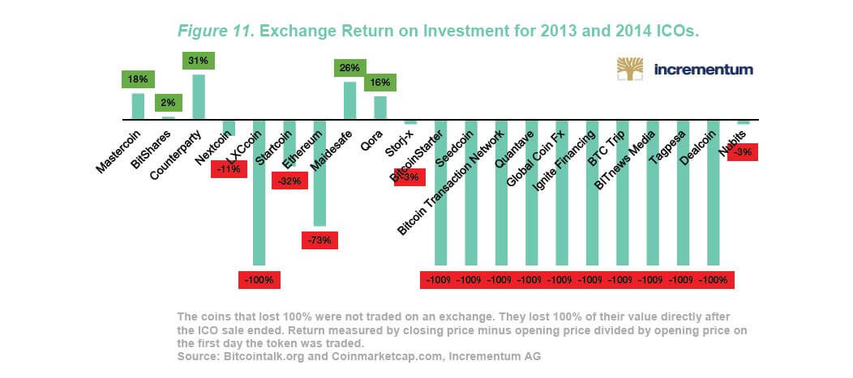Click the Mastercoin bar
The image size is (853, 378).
click(x=138, y=106)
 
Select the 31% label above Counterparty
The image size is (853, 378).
click(x=199, y=62)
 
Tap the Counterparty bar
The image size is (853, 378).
click(x=199, y=96)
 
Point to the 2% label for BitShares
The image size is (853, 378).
click(x=168, y=104)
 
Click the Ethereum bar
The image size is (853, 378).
click(x=319, y=173)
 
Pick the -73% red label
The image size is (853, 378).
click(x=319, y=240)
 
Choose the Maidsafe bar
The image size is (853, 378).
click(x=349, y=100)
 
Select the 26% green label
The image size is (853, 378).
click(x=349, y=68)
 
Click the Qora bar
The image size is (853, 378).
click(x=379, y=108)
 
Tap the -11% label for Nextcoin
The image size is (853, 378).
click(x=229, y=169)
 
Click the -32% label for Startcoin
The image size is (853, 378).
click(x=289, y=181)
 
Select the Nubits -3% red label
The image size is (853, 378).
click(x=744, y=152)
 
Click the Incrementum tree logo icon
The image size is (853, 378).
click(x=631, y=70)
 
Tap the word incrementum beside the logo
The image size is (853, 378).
click(x=703, y=70)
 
